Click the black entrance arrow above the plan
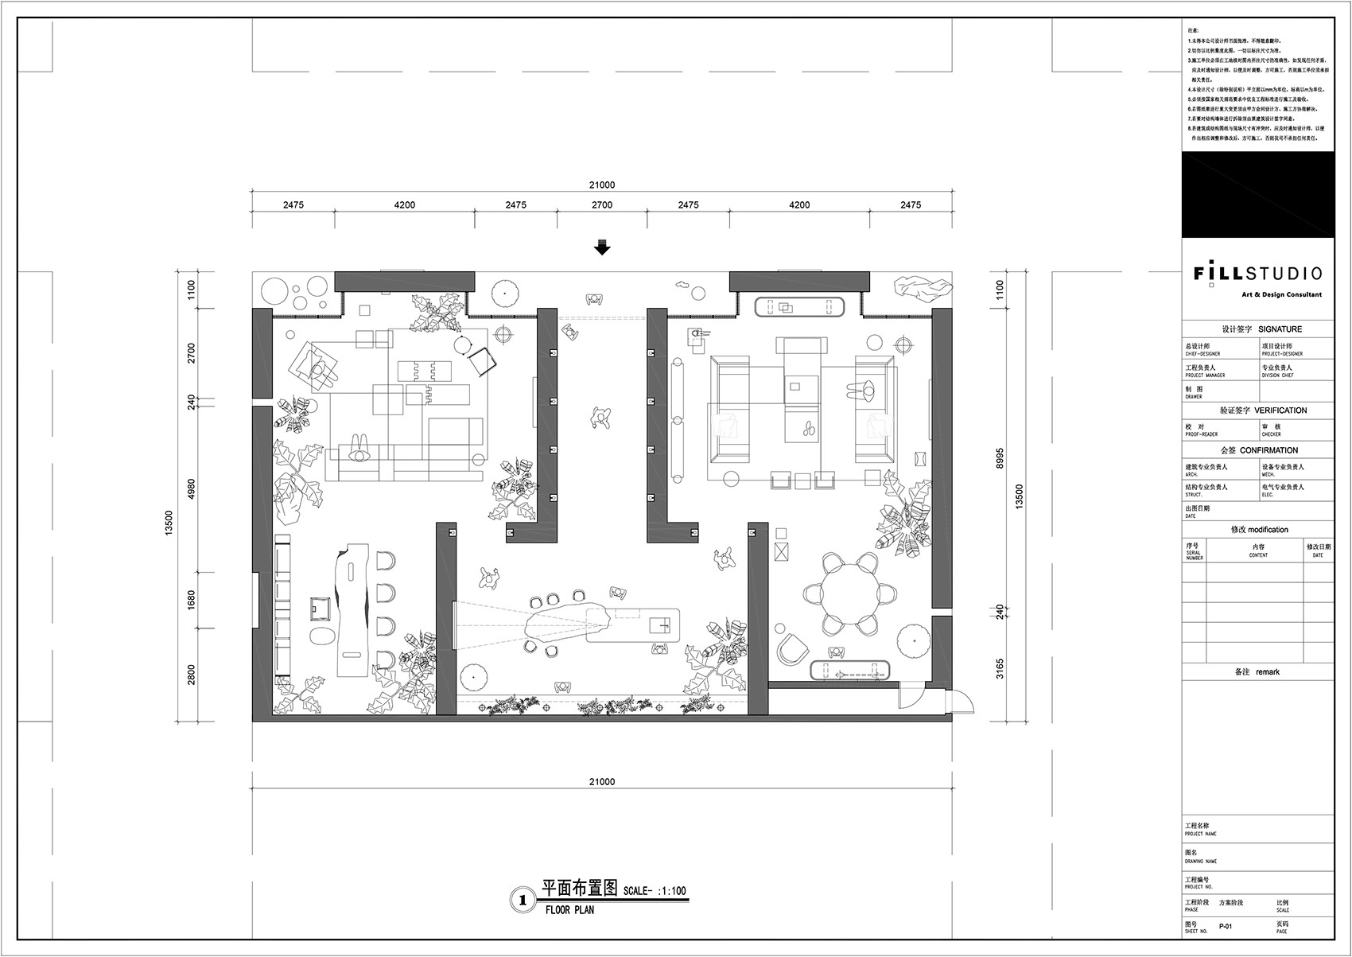point(602,248)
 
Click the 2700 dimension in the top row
point(602,205)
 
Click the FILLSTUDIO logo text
point(1257,274)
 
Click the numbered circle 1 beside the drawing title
point(523,900)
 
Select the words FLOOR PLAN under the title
point(569,909)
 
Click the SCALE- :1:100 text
point(655,891)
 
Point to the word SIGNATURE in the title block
point(1280,329)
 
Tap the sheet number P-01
point(1226,926)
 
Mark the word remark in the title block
point(1268,672)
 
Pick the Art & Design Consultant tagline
point(1282,294)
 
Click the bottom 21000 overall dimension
point(602,782)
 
